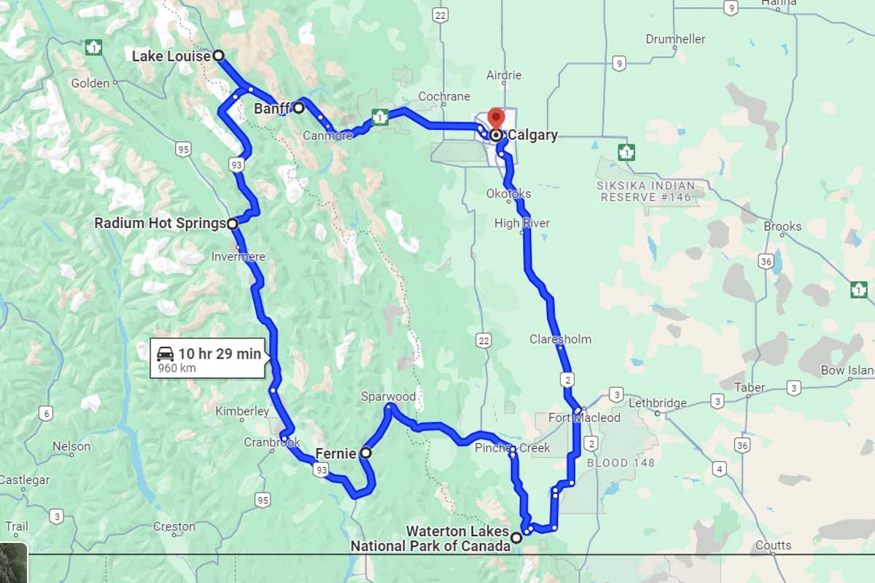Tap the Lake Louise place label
[171, 56]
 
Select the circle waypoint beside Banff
[298, 108]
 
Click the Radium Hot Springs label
[159, 224]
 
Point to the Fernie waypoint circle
[366, 453]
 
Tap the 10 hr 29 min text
[219, 354]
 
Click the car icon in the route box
[166, 354]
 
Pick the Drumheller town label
[675, 39]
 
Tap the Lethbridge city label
[657, 403]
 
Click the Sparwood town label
[388, 396]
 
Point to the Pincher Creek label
[512, 448]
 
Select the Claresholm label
[560, 339]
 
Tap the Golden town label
[90, 83]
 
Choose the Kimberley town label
[242, 412]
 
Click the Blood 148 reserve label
[621, 463]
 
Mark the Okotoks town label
[508, 194]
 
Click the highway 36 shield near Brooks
[765, 261]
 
